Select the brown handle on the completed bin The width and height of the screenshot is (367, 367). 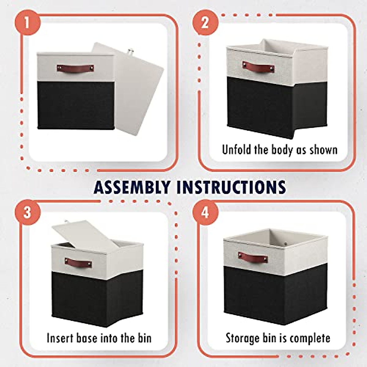253,257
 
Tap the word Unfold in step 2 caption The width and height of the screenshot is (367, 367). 237,150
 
